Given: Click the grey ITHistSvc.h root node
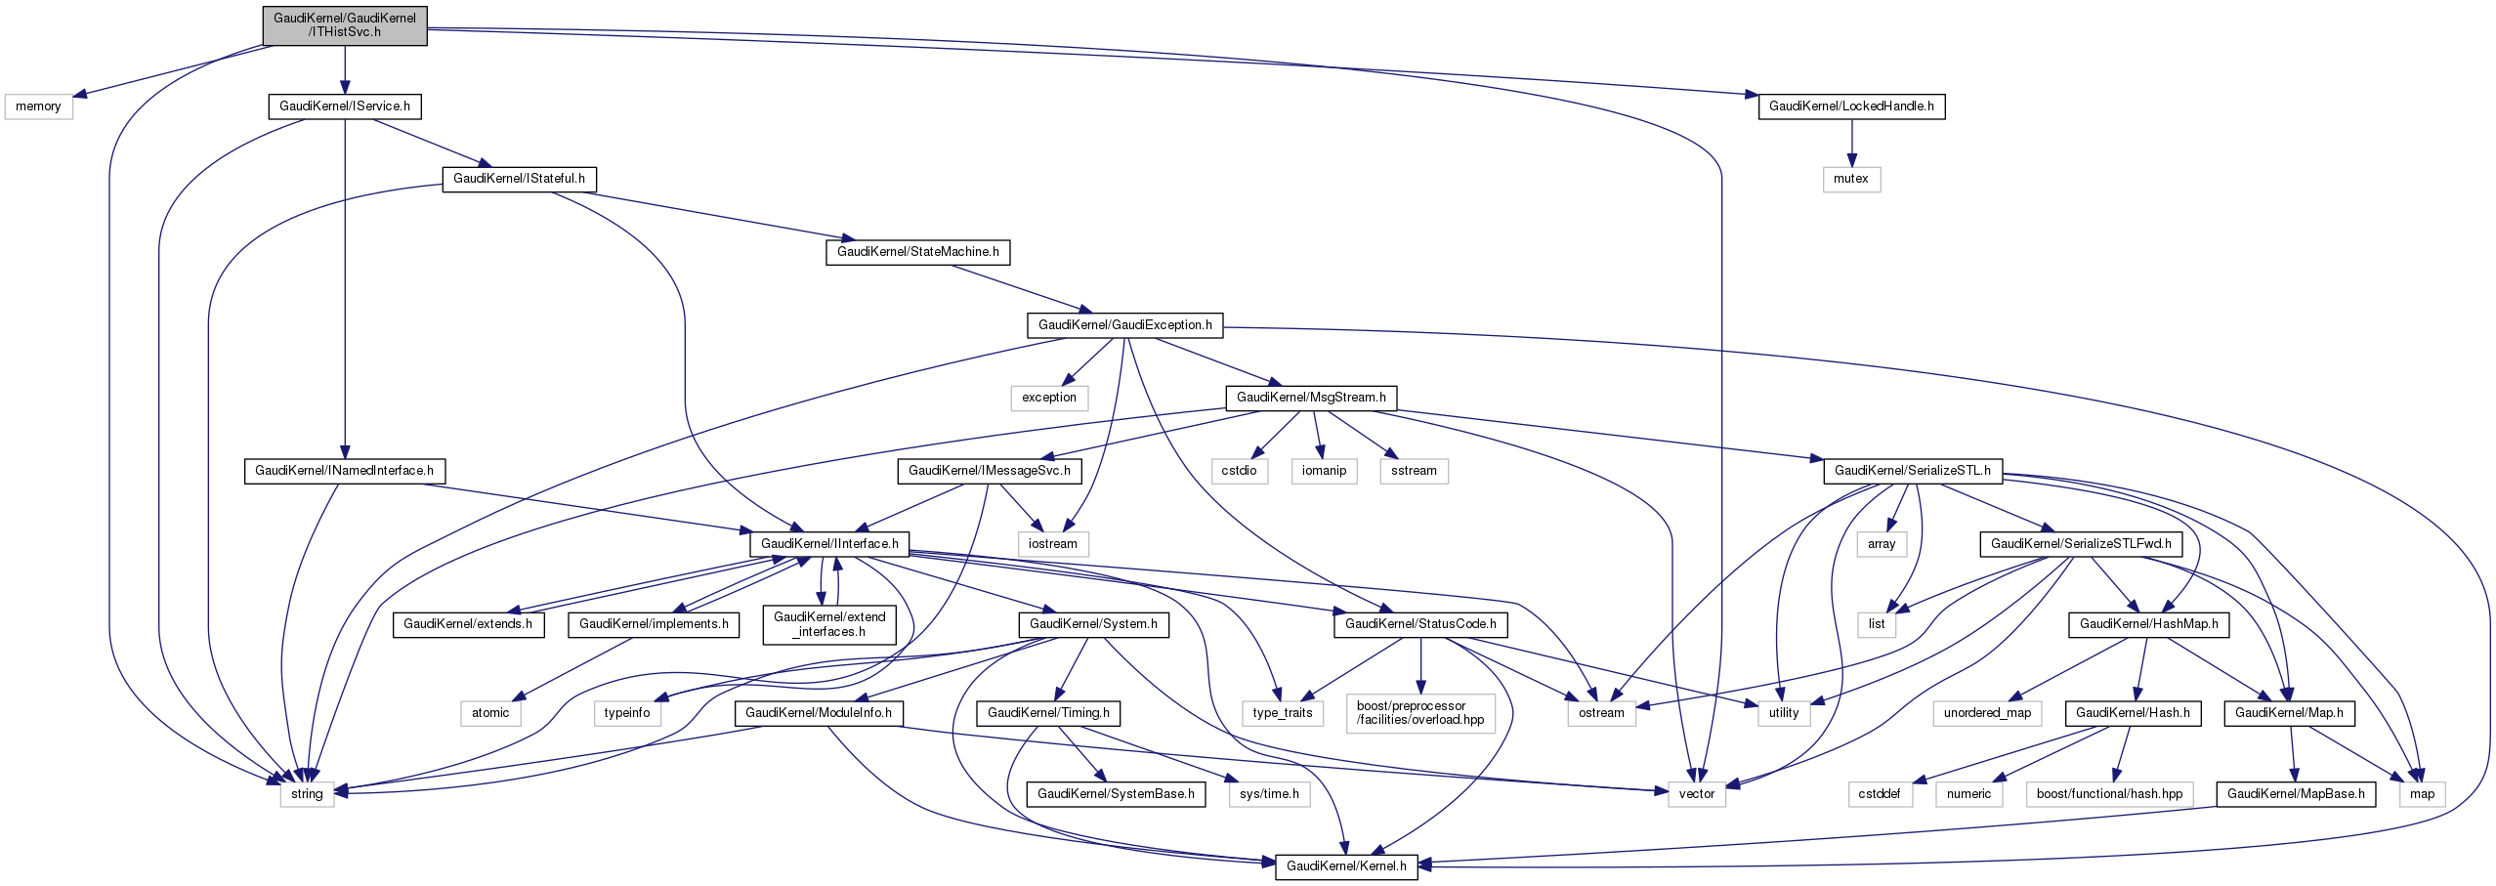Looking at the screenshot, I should pos(344,24).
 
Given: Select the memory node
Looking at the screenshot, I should pos(38,106).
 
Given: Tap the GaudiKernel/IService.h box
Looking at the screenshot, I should pos(344,106).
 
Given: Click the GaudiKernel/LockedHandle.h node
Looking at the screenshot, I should pos(1850,106).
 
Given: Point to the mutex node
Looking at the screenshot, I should pos(1850,179).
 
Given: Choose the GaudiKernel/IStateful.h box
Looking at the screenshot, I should pos(519,179).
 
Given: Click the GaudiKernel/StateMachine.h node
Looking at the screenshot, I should pos(917,252).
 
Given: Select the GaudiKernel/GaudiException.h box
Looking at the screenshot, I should pos(1124,325).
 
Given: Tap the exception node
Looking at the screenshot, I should pos(1048,398).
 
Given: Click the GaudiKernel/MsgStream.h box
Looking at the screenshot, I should pos(1311,398).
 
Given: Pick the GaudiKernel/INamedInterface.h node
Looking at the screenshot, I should pos(344,471).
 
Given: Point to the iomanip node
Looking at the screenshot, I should pos(1324,471).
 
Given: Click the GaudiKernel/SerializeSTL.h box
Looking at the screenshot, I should pos(1912,471).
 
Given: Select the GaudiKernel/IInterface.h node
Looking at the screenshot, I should pos(829,544).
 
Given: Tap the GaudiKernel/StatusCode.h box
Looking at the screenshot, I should pos(1419,624).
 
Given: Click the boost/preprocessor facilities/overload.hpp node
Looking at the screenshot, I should pos(1419,713).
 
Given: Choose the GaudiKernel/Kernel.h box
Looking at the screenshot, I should pos(1346,866).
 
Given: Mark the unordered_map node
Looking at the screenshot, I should pos(1986,713).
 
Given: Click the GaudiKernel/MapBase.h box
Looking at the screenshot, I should pos(2295,794).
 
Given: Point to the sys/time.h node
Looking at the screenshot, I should pos(1268,794).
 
